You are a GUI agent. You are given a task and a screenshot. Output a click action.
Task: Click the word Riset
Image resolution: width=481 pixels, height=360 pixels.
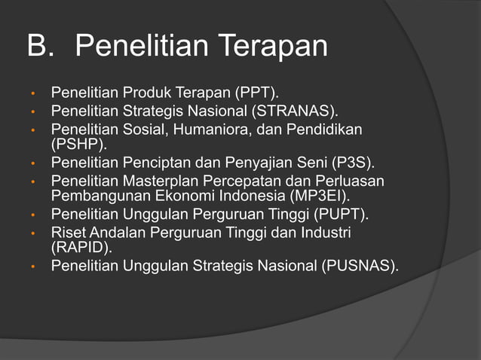68,233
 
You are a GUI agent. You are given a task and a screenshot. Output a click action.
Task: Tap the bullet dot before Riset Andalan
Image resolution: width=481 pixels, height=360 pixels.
33,234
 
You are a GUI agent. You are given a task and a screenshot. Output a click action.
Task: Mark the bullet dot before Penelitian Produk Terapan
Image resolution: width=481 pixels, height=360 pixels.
33,94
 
